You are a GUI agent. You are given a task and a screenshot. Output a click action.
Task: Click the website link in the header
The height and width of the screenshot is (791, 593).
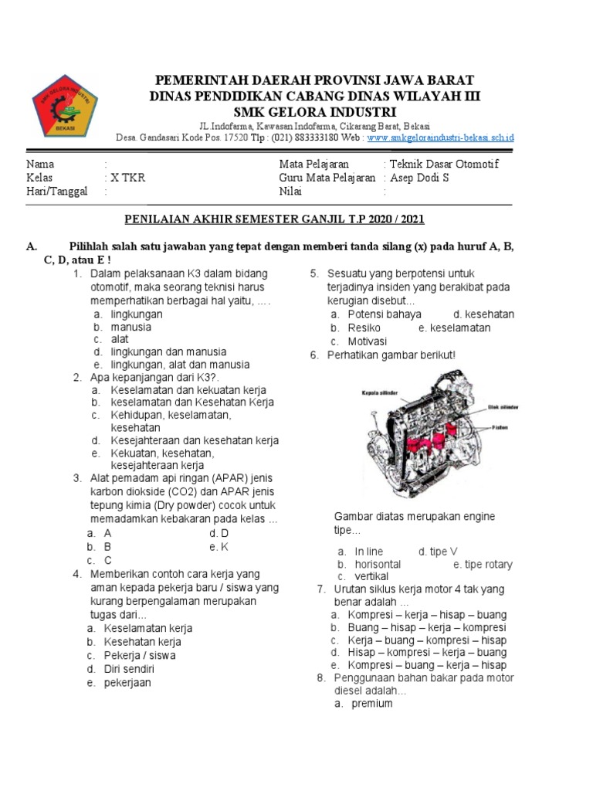coord(440,137)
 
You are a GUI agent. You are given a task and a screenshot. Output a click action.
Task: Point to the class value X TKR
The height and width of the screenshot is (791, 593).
coord(127,178)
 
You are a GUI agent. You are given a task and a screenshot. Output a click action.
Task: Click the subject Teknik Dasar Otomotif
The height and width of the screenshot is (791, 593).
coord(444,164)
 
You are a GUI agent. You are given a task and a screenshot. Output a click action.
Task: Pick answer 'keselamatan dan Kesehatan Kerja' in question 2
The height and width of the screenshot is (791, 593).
coord(191,402)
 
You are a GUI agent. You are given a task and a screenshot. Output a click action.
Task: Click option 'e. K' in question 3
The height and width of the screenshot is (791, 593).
coord(219,546)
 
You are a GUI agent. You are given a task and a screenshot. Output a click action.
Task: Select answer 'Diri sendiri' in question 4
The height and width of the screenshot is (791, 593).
coord(129,669)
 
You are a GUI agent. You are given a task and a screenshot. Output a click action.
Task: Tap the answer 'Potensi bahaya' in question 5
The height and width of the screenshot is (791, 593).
coord(385,314)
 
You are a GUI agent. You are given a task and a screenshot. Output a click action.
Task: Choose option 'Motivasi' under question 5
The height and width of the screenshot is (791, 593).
coord(368,341)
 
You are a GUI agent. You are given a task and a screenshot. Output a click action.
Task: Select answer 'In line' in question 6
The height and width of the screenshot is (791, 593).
coord(368,552)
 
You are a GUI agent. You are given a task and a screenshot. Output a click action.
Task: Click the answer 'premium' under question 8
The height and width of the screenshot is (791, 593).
coord(372,704)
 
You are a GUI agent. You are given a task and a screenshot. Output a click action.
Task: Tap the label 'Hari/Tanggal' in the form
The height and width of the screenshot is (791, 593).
coord(57,192)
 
